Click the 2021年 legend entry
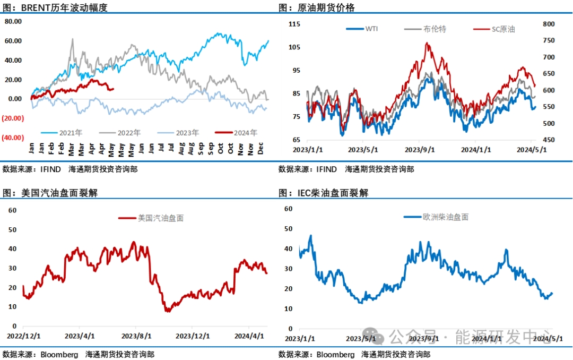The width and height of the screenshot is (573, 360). click(69, 133)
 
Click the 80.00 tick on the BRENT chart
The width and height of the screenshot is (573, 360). click(13, 21)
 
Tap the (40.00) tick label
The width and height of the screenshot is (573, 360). click(12, 138)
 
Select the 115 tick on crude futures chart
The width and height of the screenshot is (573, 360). click(294, 24)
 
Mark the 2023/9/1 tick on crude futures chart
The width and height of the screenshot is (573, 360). click(420, 150)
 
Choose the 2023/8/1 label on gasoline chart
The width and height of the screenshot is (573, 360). click(136, 336)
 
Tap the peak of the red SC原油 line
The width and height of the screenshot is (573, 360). click(427, 43)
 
